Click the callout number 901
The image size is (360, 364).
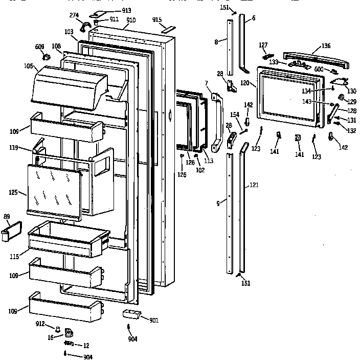pyautogui.click(x=154, y=320)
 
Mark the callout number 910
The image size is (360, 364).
pyautogui.click(x=131, y=20)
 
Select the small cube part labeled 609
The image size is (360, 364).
pyautogui.click(x=46, y=57)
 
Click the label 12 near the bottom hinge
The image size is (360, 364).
pyautogui.click(x=86, y=345)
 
